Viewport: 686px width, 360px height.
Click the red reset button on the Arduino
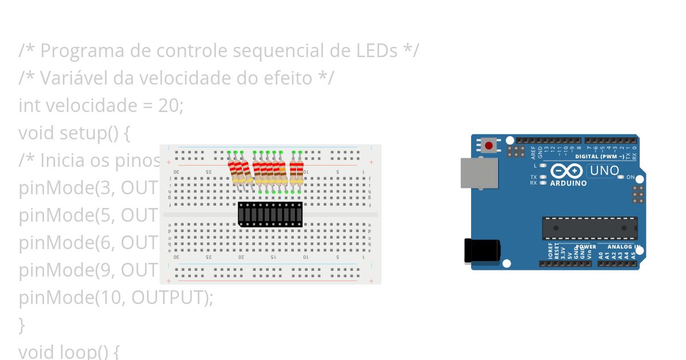(x=488, y=146)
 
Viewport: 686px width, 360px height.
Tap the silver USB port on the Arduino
(x=479, y=173)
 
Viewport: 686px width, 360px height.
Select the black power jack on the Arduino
(x=482, y=251)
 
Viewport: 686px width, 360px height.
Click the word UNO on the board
(x=604, y=170)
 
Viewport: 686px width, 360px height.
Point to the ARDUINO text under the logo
(x=568, y=183)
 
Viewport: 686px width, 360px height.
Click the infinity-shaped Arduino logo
(x=566, y=171)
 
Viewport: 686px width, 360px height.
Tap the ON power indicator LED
(x=621, y=177)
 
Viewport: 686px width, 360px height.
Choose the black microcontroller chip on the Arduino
(x=589, y=228)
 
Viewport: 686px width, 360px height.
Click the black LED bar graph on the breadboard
(x=270, y=214)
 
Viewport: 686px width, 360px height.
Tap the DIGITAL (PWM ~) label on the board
(x=599, y=156)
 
